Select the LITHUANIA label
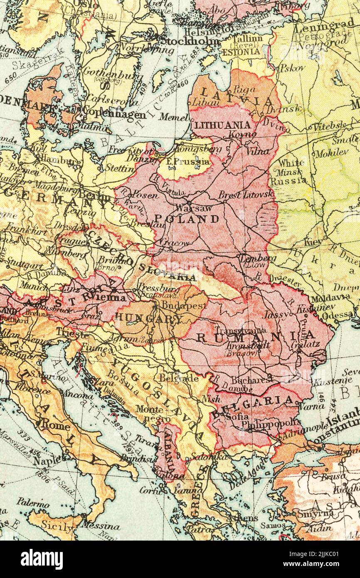[223, 125]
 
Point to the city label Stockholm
[189, 41]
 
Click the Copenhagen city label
[114, 114]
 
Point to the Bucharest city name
[245, 380]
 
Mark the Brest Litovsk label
[246, 194]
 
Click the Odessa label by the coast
[337, 316]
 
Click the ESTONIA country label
[241, 52]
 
